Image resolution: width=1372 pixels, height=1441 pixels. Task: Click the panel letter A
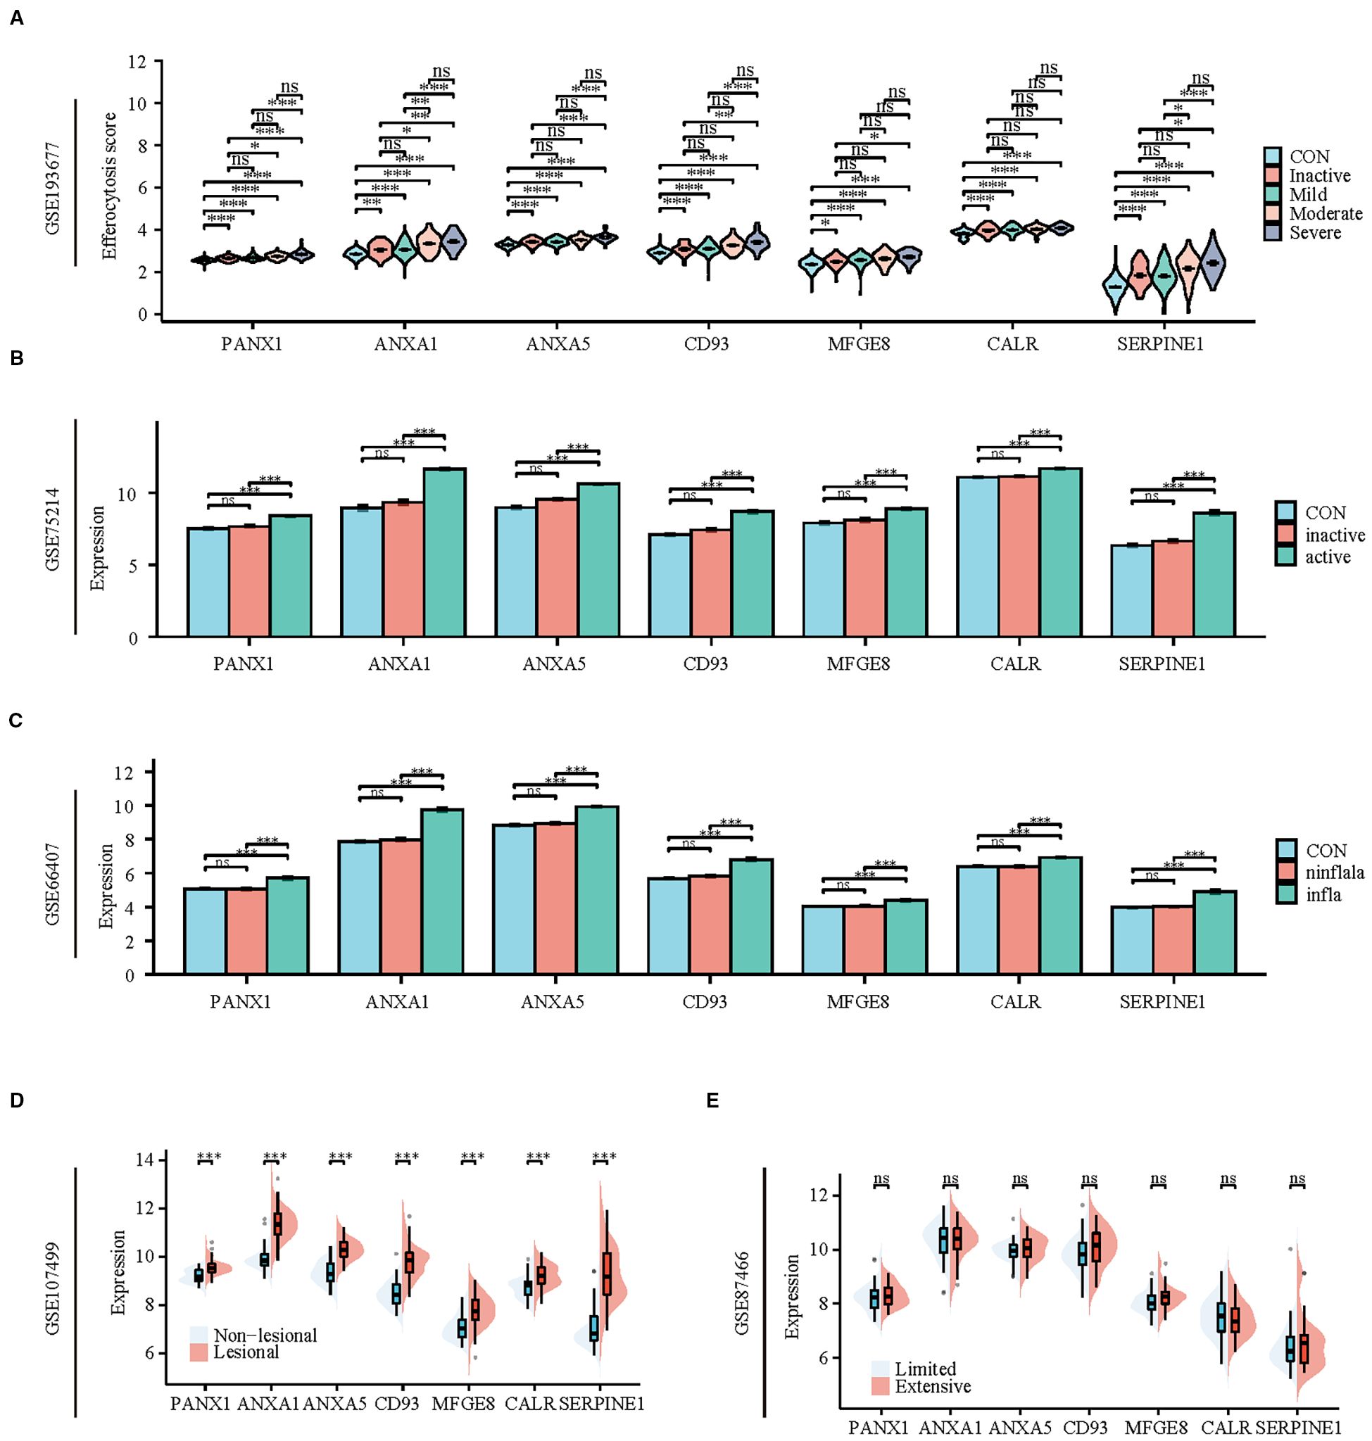tap(16, 18)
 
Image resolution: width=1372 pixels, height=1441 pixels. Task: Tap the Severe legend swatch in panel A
tap(1273, 232)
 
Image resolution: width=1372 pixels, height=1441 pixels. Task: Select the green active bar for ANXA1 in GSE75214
tap(445, 552)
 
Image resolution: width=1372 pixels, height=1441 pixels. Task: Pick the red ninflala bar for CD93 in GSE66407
tap(710, 924)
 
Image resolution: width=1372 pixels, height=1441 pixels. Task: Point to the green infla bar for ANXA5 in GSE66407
tap(597, 890)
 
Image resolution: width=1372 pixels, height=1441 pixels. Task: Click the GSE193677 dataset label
tap(54, 188)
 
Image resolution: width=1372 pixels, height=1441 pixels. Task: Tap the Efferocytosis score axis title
tap(110, 186)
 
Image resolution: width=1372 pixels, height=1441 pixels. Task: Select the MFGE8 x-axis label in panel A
tap(859, 343)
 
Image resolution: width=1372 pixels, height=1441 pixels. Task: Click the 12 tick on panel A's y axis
tap(137, 61)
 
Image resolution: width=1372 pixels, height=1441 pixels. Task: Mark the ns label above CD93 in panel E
tap(1089, 1178)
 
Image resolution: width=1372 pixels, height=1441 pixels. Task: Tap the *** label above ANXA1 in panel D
tap(275, 1157)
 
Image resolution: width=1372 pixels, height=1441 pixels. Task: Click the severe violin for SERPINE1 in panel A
tap(1213, 263)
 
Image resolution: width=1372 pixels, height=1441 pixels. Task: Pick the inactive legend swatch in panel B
tap(1285, 535)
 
